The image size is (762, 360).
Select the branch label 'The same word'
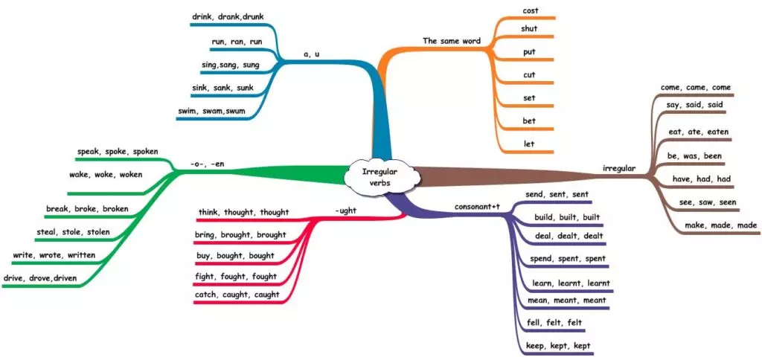[451, 40]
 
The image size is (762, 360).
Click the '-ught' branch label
[345, 210]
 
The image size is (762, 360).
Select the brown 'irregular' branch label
[618, 168]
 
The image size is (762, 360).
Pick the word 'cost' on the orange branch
[530, 10]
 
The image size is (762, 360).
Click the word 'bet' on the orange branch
[529, 120]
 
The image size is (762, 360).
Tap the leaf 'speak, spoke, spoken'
[118, 152]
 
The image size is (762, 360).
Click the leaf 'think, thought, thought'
[243, 212]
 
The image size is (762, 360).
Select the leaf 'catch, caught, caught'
[236, 295]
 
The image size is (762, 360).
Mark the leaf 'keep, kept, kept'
[558, 346]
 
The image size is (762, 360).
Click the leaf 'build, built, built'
[567, 217]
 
